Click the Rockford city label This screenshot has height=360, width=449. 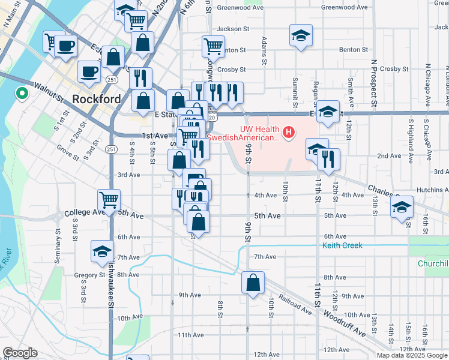pos(96,99)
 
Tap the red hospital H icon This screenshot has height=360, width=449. pos(289,132)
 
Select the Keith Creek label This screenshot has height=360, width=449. pos(342,246)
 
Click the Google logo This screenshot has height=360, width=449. pos(20,353)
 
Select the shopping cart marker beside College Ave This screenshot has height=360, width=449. pos(109,200)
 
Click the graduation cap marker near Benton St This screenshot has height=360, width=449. pos(301,35)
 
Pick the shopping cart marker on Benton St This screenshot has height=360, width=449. pos(213,46)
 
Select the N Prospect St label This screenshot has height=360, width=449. pos(373,84)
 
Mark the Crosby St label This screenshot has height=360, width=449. pos(228,70)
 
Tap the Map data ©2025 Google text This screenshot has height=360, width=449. pos(411,355)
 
